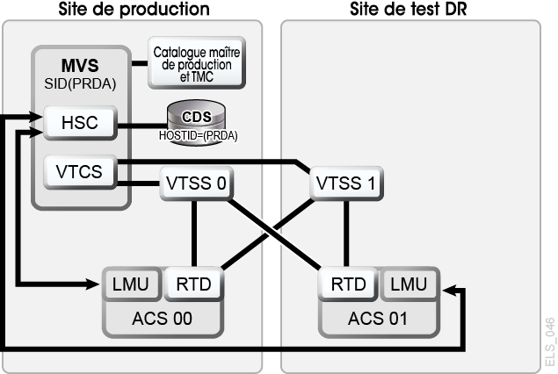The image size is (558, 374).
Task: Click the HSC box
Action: click(x=80, y=123)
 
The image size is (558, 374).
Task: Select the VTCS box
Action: click(x=80, y=172)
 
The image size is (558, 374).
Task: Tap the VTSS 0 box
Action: click(x=197, y=183)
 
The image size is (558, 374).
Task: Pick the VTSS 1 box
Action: click(x=346, y=183)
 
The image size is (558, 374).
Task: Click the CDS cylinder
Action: click(x=197, y=123)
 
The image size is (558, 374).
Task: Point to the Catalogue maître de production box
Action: click(x=197, y=63)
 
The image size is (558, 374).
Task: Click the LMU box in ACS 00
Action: click(x=131, y=284)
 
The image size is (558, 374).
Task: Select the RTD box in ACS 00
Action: click(x=193, y=284)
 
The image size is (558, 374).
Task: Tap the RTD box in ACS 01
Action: click(x=348, y=284)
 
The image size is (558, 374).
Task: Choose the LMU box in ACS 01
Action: click(x=409, y=284)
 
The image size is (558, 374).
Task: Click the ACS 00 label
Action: click(x=163, y=319)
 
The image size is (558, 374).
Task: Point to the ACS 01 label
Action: click(x=378, y=319)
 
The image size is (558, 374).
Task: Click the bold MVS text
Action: click(x=80, y=66)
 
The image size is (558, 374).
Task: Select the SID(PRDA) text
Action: click(x=80, y=84)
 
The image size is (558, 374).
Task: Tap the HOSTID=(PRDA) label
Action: click(x=199, y=136)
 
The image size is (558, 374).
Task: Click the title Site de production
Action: click(x=134, y=9)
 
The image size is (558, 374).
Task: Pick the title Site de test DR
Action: click(x=409, y=9)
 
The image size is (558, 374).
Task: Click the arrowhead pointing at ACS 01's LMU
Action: click(x=449, y=290)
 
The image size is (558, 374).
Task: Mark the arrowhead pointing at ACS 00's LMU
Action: click(x=92, y=284)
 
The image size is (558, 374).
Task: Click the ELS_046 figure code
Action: click(x=550, y=342)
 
